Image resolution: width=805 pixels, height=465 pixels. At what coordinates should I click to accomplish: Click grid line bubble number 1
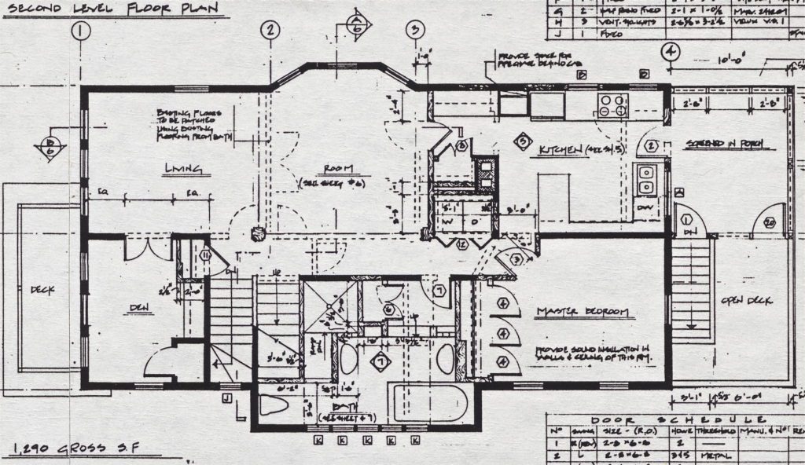point(81,31)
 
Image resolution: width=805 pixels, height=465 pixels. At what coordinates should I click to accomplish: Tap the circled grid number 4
point(670,52)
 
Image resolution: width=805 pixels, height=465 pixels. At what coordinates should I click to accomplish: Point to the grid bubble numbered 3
point(414,31)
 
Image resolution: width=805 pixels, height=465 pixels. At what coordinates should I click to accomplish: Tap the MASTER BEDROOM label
point(583,313)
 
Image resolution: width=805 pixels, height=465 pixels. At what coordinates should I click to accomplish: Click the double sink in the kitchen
point(647,180)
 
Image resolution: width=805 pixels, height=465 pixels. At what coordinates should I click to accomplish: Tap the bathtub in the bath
point(428,403)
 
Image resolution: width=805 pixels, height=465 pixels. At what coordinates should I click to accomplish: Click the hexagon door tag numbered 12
point(462,245)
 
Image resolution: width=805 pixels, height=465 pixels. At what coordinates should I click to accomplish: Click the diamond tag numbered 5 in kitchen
point(520,141)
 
